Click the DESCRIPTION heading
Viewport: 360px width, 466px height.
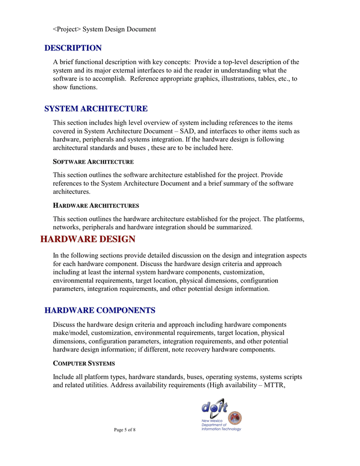point(73,48)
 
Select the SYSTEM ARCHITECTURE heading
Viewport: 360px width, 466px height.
point(96,109)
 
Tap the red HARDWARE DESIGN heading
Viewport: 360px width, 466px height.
point(88,239)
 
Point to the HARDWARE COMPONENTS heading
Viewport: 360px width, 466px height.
point(100,311)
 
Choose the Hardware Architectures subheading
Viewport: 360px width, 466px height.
point(96,206)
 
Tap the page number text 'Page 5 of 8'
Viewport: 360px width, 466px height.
point(125,430)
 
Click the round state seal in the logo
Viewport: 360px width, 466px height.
point(234,418)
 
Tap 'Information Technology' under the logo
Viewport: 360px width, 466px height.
point(221,429)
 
